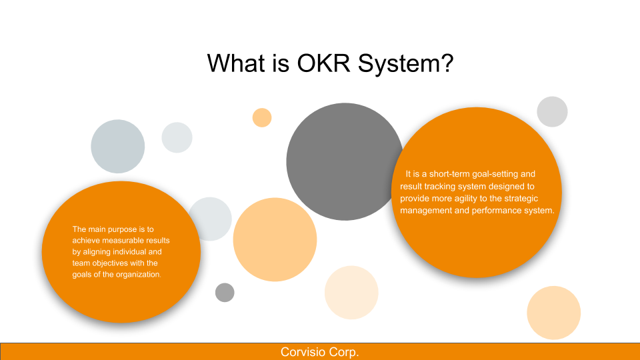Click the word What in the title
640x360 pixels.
236,63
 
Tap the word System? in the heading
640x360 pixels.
406,65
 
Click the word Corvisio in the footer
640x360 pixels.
303,352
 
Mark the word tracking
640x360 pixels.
439,187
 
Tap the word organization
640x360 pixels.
139,275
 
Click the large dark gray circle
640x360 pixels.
345,161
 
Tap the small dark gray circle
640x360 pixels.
225,292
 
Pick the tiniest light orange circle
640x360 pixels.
262,117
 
